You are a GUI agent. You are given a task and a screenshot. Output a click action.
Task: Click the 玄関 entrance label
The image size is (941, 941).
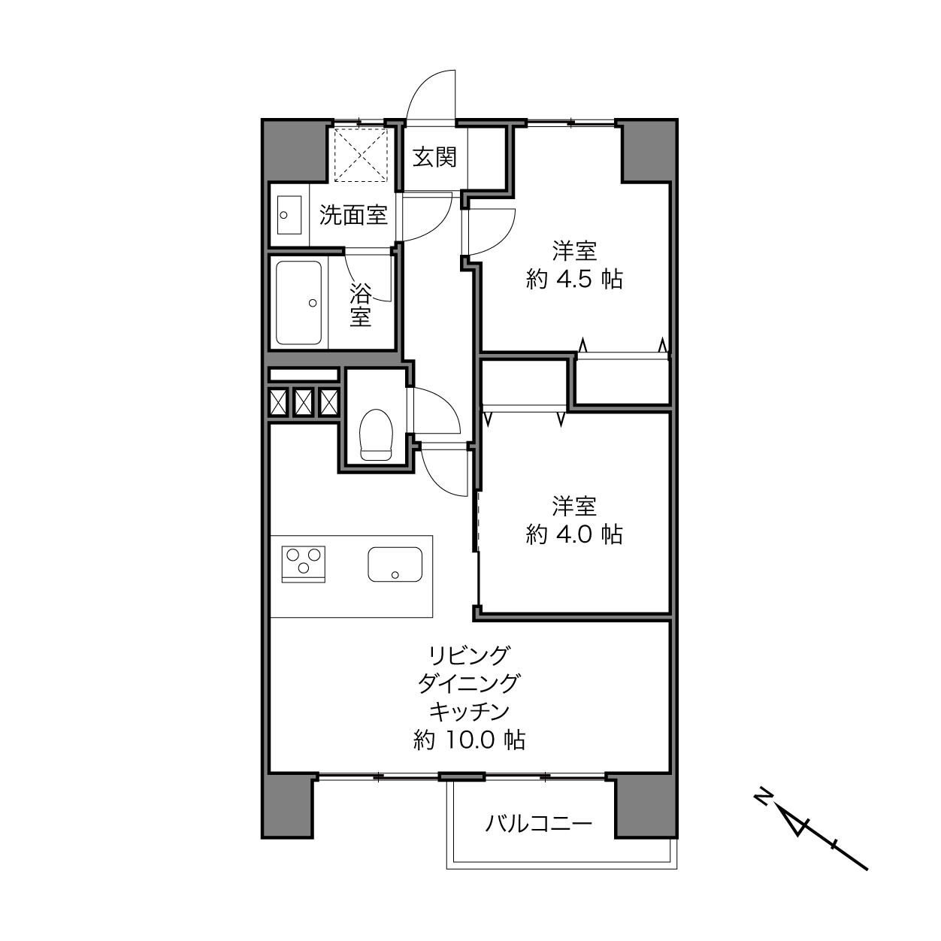[434, 157]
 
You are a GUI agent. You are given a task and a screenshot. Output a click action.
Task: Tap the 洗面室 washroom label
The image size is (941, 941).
[353, 215]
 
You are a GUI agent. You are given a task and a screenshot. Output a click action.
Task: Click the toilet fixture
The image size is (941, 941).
[376, 434]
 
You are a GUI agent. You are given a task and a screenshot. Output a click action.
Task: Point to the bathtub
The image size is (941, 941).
[299, 303]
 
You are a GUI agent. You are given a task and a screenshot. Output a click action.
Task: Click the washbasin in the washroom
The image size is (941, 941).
[289, 215]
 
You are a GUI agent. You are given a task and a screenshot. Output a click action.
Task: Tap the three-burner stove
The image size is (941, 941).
[303, 564]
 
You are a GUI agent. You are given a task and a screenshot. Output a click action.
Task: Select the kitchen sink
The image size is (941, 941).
[395, 564]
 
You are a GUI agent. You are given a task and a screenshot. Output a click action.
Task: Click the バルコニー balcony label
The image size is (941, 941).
[538, 823]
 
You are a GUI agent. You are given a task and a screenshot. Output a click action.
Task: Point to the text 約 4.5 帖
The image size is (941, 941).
[574, 280]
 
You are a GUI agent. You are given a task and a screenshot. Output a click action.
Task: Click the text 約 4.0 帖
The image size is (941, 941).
[574, 534]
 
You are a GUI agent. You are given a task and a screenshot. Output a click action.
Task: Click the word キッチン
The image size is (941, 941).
[469, 712]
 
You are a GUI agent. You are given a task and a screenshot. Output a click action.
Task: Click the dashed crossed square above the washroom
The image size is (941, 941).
[360, 156]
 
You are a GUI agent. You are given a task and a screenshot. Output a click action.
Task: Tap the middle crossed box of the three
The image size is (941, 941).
[303, 402]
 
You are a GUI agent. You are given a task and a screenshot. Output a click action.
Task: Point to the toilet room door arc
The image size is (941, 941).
[443, 407]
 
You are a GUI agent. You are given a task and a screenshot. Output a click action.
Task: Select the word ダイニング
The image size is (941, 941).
[469, 683]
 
